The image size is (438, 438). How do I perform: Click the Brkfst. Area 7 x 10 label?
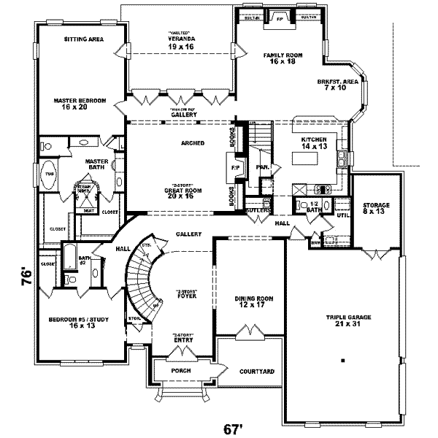337,85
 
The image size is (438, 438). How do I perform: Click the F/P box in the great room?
236,167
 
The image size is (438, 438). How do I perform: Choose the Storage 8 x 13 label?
377,210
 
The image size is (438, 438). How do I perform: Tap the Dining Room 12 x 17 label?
253,301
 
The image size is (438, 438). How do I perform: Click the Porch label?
180,371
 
